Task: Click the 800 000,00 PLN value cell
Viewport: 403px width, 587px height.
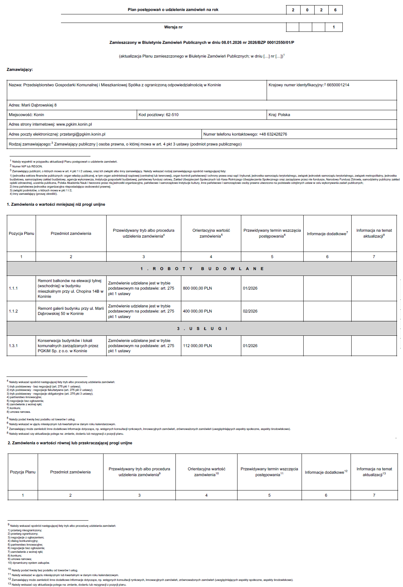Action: pyautogui.click(x=197, y=288)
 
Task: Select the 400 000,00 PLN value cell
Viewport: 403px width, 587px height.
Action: pyautogui.click(x=197, y=311)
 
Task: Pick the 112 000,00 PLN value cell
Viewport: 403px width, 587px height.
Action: pyautogui.click(x=197, y=346)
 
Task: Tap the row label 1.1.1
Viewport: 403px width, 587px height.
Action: pyautogui.click(x=13, y=288)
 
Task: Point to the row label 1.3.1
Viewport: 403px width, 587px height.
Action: pyautogui.click(x=13, y=346)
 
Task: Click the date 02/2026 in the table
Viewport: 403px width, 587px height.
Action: pyautogui.click(x=250, y=311)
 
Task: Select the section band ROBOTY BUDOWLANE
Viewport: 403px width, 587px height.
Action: pyautogui.click(x=202, y=269)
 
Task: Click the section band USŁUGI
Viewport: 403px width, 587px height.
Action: pyautogui.click(x=202, y=329)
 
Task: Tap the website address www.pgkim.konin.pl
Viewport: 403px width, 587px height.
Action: pyautogui.click(x=74, y=124)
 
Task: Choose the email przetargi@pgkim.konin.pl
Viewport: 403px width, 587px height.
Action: pyautogui.click(x=83, y=134)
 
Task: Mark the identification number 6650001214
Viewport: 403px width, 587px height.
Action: pyautogui.click(x=338, y=85)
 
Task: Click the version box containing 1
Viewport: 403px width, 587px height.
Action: pyautogui.click(x=334, y=27)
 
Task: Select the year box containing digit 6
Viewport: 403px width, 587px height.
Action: pyautogui.click(x=335, y=10)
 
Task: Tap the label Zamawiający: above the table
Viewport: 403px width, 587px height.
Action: pyautogui.click(x=20, y=69)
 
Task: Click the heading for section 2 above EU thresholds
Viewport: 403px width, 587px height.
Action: pyautogui.click(x=70, y=443)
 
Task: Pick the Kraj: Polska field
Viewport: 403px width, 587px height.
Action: pyautogui.click(x=279, y=115)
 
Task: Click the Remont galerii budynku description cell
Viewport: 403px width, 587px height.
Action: pyautogui.click(x=71, y=311)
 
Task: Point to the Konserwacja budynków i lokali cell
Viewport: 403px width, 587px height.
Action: pyautogui.click(x=68, y=346)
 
